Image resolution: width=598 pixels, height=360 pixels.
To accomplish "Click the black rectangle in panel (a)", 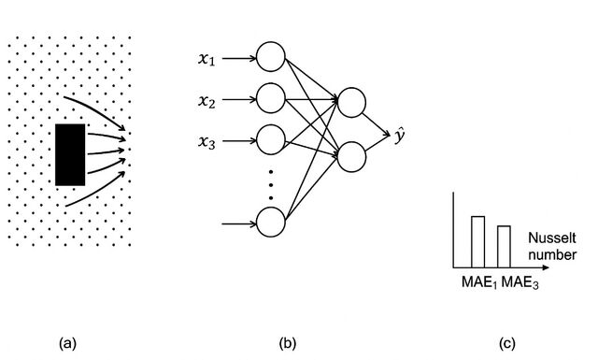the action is tap(70, 154).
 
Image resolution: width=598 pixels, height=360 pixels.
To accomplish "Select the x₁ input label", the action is tap(206, 59).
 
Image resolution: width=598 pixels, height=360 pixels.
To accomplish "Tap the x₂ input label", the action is tap(206, 101).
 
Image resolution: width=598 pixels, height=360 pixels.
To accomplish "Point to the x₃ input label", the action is tap(206, 142).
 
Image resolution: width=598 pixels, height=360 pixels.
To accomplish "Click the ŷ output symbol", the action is tap(399, 137).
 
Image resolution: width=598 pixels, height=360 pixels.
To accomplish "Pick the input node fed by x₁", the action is tap(271, 57).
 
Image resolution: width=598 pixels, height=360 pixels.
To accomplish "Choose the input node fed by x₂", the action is tap(271, 98).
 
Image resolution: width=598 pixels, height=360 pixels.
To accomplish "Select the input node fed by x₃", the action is tap(271, 139).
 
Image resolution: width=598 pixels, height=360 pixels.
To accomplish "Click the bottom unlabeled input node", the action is tap(271, 223).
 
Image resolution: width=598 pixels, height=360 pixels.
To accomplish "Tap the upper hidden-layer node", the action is tap(351, 102).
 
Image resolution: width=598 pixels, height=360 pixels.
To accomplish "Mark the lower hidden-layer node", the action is tap(351, 157).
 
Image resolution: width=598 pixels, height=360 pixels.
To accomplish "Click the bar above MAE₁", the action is tap(478, 242).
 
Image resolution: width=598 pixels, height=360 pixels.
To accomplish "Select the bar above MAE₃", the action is tap(505, 247).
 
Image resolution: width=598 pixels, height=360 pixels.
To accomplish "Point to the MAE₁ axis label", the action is tap(479, 283).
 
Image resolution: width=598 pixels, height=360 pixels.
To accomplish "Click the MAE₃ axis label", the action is tap(520, 283).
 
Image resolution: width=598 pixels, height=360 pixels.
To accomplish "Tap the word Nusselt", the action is tap(552, 238).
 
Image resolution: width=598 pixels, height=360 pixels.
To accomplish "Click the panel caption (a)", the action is tap(68, 343).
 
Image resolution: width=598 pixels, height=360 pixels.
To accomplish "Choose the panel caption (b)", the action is tap(288, 343).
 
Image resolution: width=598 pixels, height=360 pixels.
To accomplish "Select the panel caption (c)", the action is tap(507, 343).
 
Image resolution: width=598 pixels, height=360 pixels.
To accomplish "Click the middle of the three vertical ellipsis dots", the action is tap(271, 185).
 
